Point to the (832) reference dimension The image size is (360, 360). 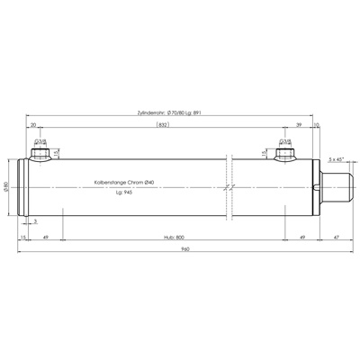point(161,126)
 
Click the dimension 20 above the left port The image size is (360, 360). point(33,126)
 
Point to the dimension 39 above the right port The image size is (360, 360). point(298,126)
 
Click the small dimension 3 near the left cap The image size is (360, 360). point(35,220)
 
